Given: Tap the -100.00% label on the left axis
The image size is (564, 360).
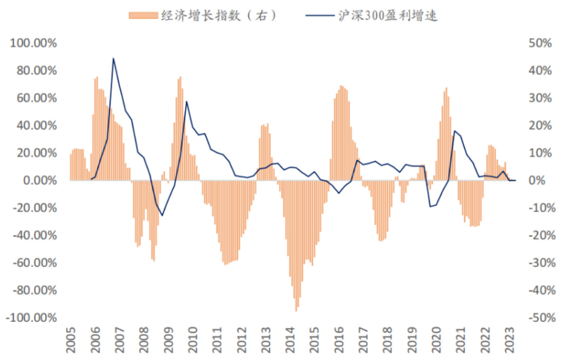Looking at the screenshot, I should [x=33, y=318].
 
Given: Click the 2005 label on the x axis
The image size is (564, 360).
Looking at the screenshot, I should [x=70, y=340].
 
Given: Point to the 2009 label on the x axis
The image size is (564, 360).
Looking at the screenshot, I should [x=168, y=340].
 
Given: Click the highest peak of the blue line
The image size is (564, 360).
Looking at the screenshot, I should [x=113, y=58].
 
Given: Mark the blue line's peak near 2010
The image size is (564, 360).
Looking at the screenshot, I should [x=186, y=101].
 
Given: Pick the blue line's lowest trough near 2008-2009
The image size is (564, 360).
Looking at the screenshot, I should [x=162, y=215].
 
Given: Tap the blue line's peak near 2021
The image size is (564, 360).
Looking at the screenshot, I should [x=455, y=131].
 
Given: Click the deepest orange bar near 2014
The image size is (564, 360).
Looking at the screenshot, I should [x=296, y=310].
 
